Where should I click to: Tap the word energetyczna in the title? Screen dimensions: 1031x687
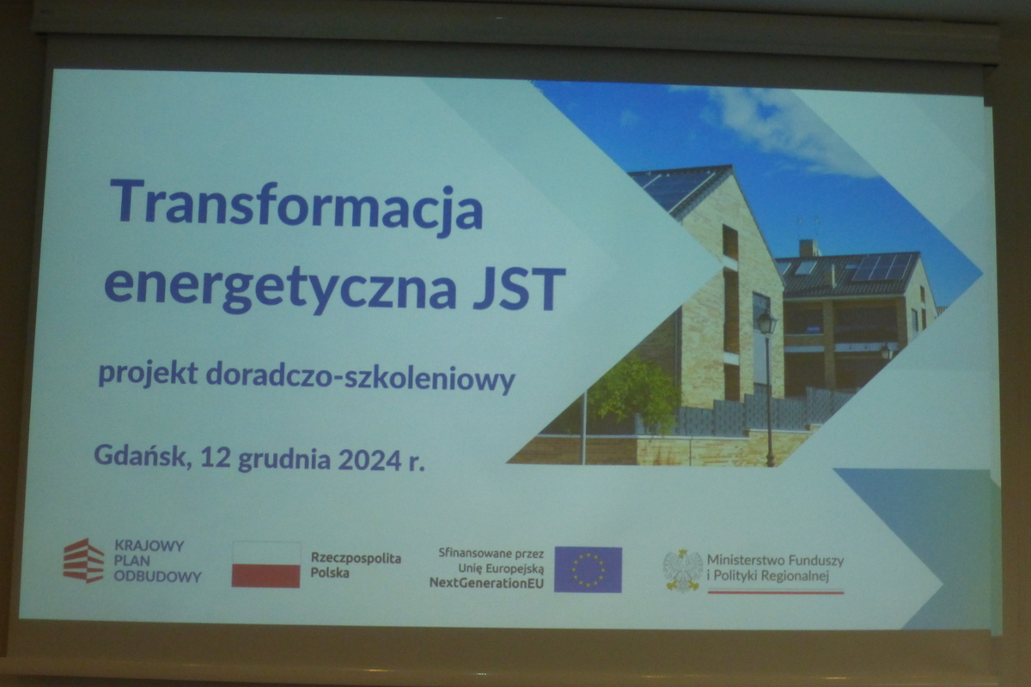coord(281,287)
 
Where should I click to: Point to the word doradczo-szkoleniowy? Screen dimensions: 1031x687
coord(360,377)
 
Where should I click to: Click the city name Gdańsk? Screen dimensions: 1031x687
coord(143,455)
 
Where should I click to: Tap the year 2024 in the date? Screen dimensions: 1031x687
coord(369,459)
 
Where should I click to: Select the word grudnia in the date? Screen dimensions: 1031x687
coord(284,460)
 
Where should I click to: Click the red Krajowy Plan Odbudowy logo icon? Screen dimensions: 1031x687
coord(83,561)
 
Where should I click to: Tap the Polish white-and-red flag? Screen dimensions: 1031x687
coord(266,565)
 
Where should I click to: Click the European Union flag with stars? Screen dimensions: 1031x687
coord(588,569)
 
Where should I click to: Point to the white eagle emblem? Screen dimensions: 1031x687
coord(682,570)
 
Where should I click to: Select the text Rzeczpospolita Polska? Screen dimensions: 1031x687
coord(356,566)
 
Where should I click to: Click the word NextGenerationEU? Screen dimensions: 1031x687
coord(486,583)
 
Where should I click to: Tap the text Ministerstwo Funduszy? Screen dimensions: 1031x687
coord(775,561)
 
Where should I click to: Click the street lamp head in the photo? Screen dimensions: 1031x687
coord(766,322)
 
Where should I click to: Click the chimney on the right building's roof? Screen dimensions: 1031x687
coord(809,248)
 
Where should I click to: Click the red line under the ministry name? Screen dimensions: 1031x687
coord(776,593)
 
